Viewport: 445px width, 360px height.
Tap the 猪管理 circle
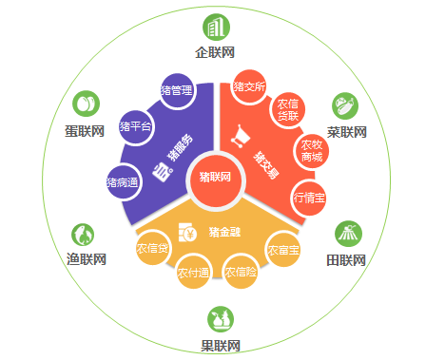pos(178,91)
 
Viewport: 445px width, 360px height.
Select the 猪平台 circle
pos(136,126)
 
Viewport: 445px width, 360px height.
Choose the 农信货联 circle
pos(288,109)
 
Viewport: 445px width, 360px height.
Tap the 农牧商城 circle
pos(311,150)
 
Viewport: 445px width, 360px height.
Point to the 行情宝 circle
pos(309,198)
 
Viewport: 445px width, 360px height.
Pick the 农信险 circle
pos(241,273)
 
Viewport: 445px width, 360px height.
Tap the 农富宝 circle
pos(282,250)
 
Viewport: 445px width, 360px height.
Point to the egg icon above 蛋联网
pos(86,103)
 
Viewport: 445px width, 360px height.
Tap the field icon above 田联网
pos(346,233)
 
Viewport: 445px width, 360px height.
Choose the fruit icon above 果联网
pos(221,317)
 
